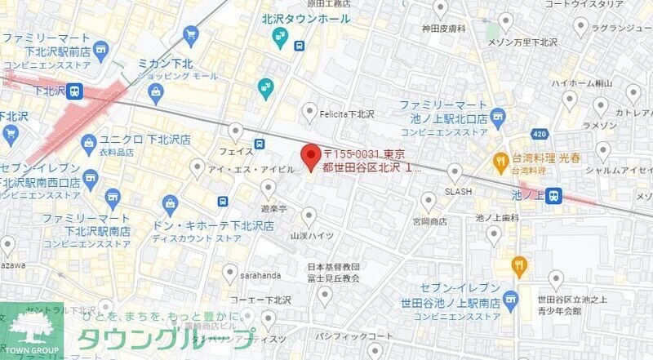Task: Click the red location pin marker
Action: [309, 155]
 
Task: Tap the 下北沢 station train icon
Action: [75, 91]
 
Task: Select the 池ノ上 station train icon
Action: [554, 195]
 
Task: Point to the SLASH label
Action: [457, 192]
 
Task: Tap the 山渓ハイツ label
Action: [309, 235]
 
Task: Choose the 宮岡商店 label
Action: [429, 220]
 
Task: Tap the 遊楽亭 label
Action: [274, 209]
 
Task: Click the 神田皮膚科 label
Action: [443, 29]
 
